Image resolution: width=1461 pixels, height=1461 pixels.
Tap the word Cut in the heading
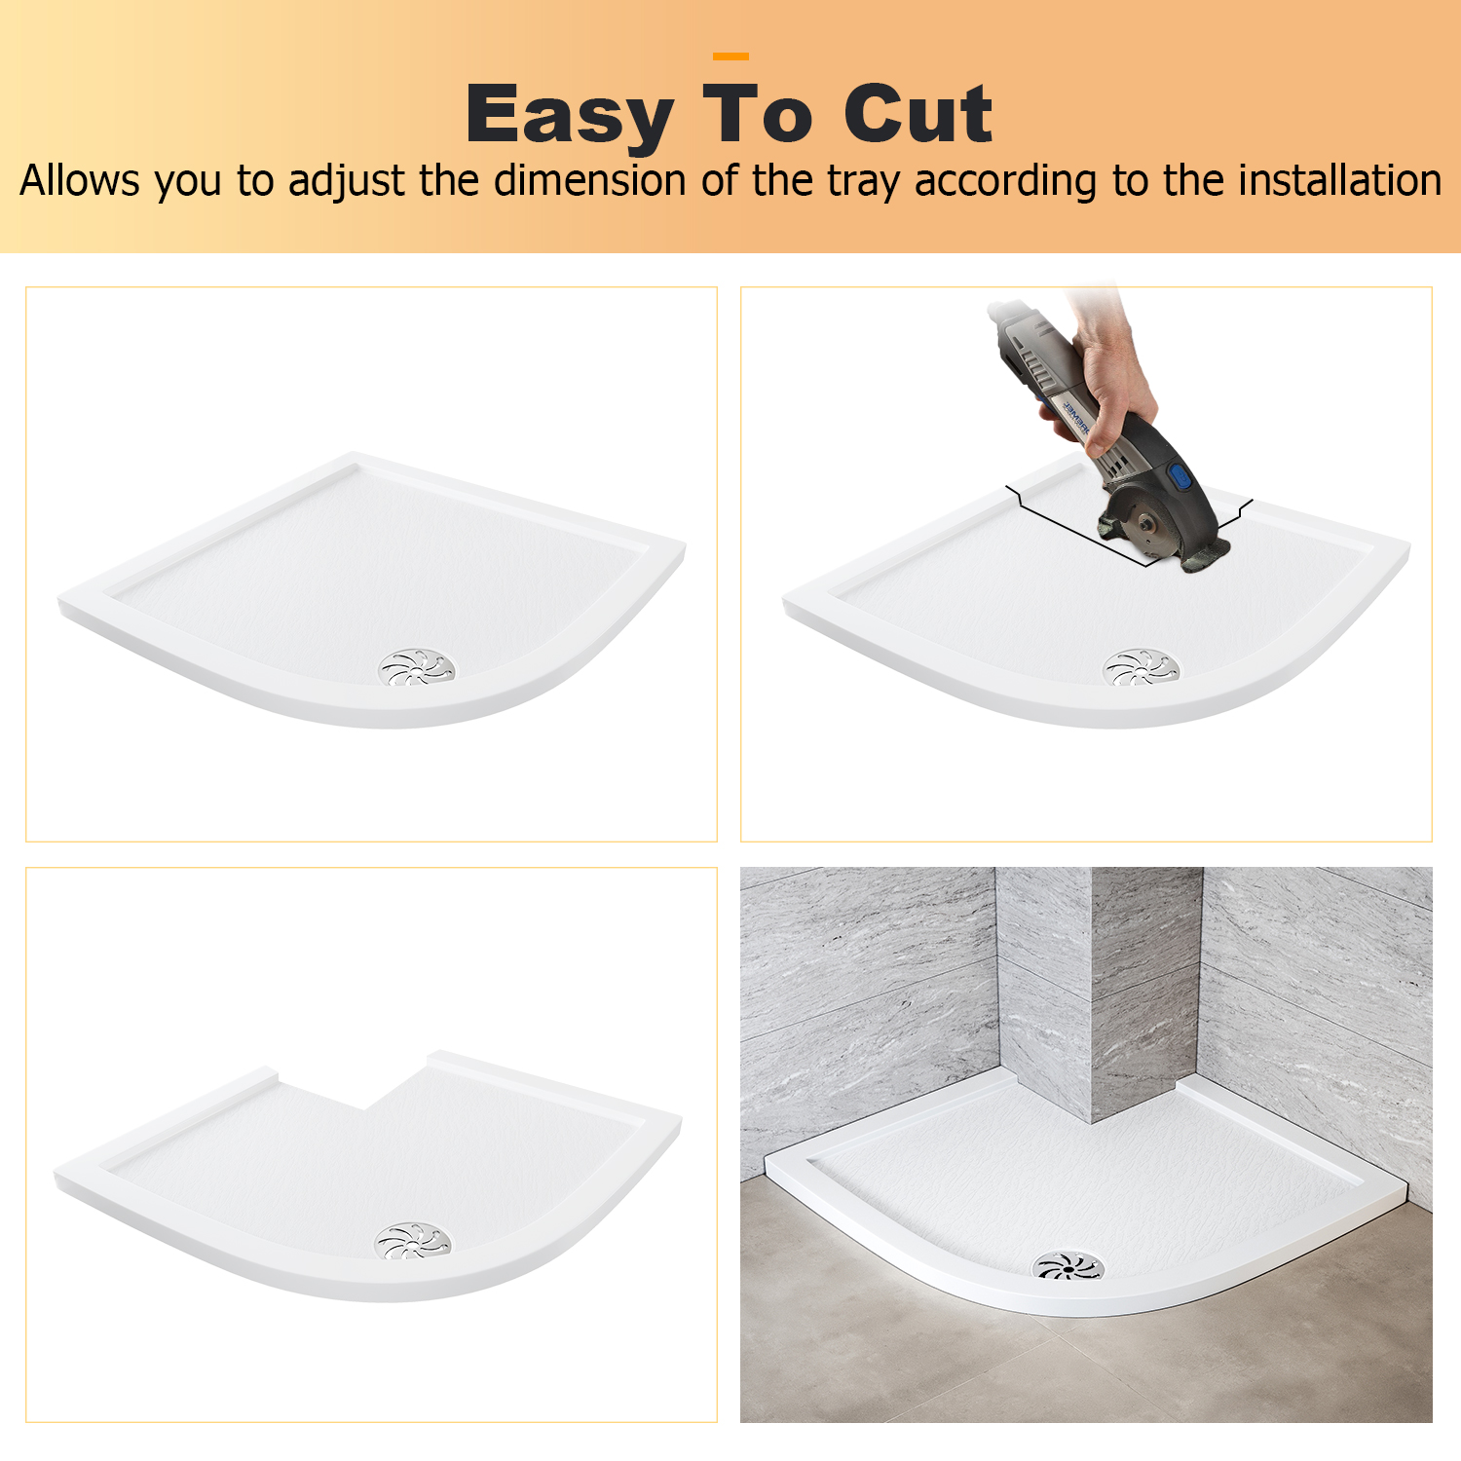tap(918, 114)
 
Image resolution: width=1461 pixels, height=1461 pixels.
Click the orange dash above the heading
tap(730, 56)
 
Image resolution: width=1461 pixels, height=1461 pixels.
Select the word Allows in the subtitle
tap(81, 180)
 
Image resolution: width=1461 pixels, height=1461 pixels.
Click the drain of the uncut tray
tap(417, 667)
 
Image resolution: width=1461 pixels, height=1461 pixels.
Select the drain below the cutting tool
tap(1141, 667)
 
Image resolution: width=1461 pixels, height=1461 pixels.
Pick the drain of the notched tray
tap(414, 1241)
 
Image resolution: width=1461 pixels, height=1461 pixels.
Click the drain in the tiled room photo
tap(1068, 1265)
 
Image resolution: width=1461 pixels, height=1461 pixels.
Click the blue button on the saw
tap(1180, 476)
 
